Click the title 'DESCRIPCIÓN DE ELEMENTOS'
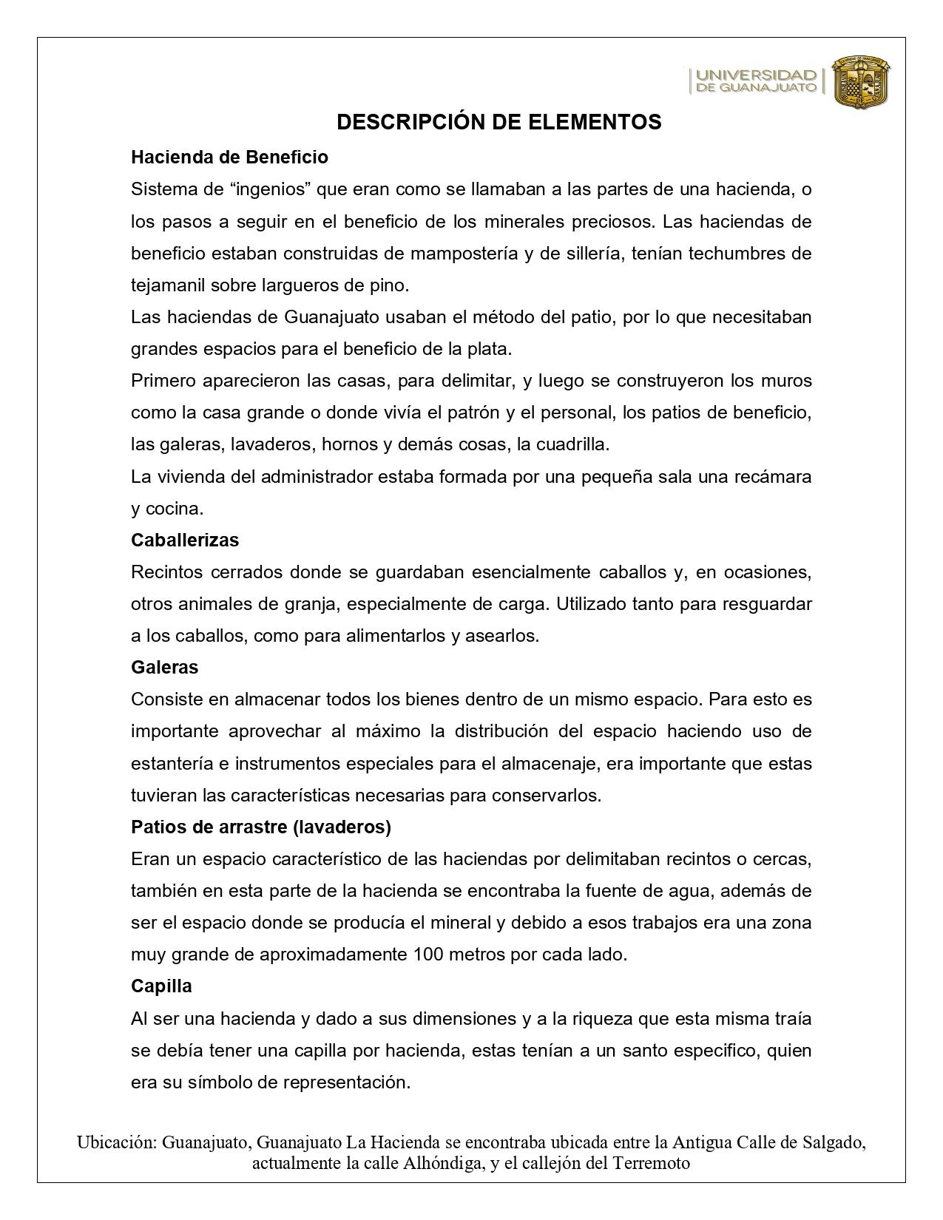click(x=498, y=122)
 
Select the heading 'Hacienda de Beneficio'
click(x=229, y=157)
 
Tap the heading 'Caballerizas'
click(x=185, y=540)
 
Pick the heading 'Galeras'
click(x=164, y=668)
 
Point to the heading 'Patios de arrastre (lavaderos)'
click(x=260, y=827)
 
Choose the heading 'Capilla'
click(x=161, y=986)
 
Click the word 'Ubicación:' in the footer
click(x=117, y=1142)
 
